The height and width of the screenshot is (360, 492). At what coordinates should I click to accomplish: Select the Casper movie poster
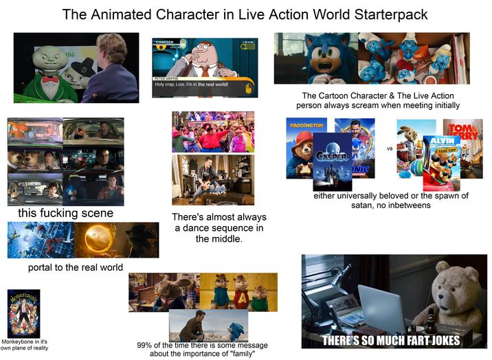click(332, 161)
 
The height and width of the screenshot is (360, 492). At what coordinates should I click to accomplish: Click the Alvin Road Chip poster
click(441, 162)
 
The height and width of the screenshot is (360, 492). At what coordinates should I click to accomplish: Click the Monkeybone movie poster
click(23, 313)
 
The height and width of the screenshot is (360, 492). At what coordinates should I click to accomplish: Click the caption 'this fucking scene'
click(66, 214)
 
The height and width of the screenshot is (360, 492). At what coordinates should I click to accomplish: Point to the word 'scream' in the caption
click(390, 105)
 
